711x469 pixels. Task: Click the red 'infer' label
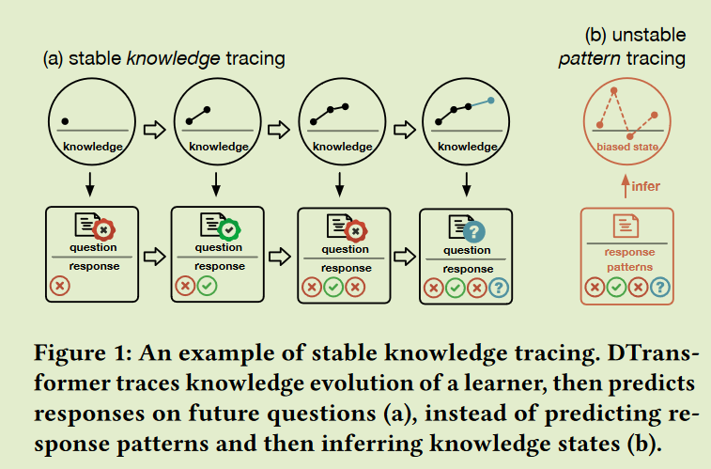click(645, 186)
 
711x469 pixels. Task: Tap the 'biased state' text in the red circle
click(627, 147)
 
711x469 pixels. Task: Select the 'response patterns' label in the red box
click(626, 259)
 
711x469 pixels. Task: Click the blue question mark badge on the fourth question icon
click(475, 230)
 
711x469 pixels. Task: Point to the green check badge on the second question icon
click(227, 228)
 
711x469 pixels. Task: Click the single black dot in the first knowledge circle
click(65, 121)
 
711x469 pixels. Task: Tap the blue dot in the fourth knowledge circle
click(490, 100)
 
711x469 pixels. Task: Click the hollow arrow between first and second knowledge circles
click(155, 128)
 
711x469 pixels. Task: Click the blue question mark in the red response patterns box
click(663, 288)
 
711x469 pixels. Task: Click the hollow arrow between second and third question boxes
click(279, 255)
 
